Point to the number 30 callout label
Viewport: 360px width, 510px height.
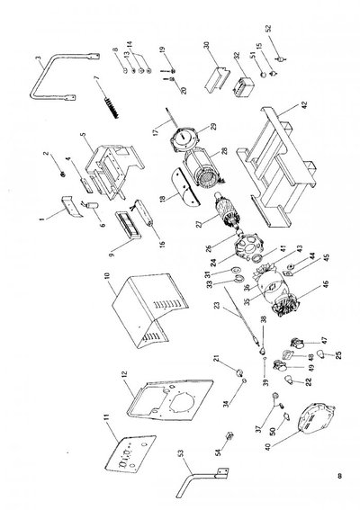coord(206,45)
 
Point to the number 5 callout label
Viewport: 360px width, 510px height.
coord(81,138)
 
